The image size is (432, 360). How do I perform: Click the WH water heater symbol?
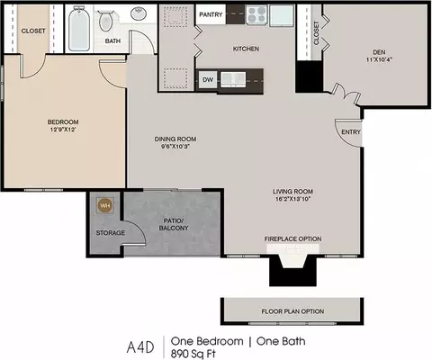(x=105, y=205)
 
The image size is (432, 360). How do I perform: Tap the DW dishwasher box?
(x=208, y=80)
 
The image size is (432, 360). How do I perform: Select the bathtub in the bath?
(x=79, y=29)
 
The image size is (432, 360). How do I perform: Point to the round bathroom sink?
(x=139, y=13)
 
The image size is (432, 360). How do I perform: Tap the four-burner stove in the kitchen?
(x=256, y=15)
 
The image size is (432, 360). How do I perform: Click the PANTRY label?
(x=211, y=14)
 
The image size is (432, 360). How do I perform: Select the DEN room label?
(x=379, y=52)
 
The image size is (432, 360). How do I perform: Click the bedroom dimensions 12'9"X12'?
(x=63, y=130)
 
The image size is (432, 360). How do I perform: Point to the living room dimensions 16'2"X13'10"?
(x=292, y=199)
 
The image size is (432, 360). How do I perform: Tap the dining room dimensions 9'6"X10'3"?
(x=175, y=147)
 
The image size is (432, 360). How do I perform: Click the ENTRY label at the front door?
(x=351, y=132)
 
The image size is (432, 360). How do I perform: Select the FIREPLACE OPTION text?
(x=292, y=238)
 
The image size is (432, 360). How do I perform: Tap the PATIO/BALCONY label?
(x=174, y=224)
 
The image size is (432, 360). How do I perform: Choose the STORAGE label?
(x=111, y=233)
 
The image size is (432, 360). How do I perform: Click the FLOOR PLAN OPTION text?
(x=292, y=311)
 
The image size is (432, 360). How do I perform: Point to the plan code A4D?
(x=140, y=347)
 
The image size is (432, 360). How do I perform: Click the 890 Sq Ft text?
(x=193, y=354)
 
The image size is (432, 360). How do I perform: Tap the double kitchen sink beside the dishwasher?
(x=233, y=79)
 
